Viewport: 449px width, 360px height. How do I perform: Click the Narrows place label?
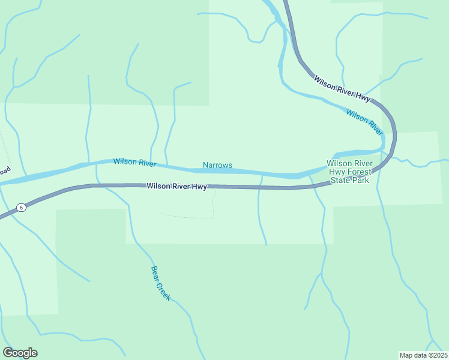tap(217, 165)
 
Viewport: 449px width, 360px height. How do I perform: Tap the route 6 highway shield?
tap(21, 207)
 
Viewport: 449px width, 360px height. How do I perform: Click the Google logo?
tap(20, 353)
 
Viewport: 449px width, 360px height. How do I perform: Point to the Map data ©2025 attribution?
tap(423, 355)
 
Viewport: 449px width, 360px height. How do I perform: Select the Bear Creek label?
tap(161, 283)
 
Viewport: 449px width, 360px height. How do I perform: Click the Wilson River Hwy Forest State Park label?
tap(350, 172)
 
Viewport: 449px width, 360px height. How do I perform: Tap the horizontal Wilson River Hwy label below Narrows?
tap(177, 187)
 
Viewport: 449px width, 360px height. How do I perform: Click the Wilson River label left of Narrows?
tap(134, 163)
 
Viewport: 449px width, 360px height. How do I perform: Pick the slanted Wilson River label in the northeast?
tap(364, 122)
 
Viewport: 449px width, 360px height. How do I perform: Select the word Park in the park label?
tap(360, 180)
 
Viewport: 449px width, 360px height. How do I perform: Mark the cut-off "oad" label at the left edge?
tap(5, 170)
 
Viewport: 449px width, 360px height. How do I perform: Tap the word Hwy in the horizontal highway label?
tap(199, 187)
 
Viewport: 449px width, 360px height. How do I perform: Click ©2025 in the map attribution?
tap(435, 355)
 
